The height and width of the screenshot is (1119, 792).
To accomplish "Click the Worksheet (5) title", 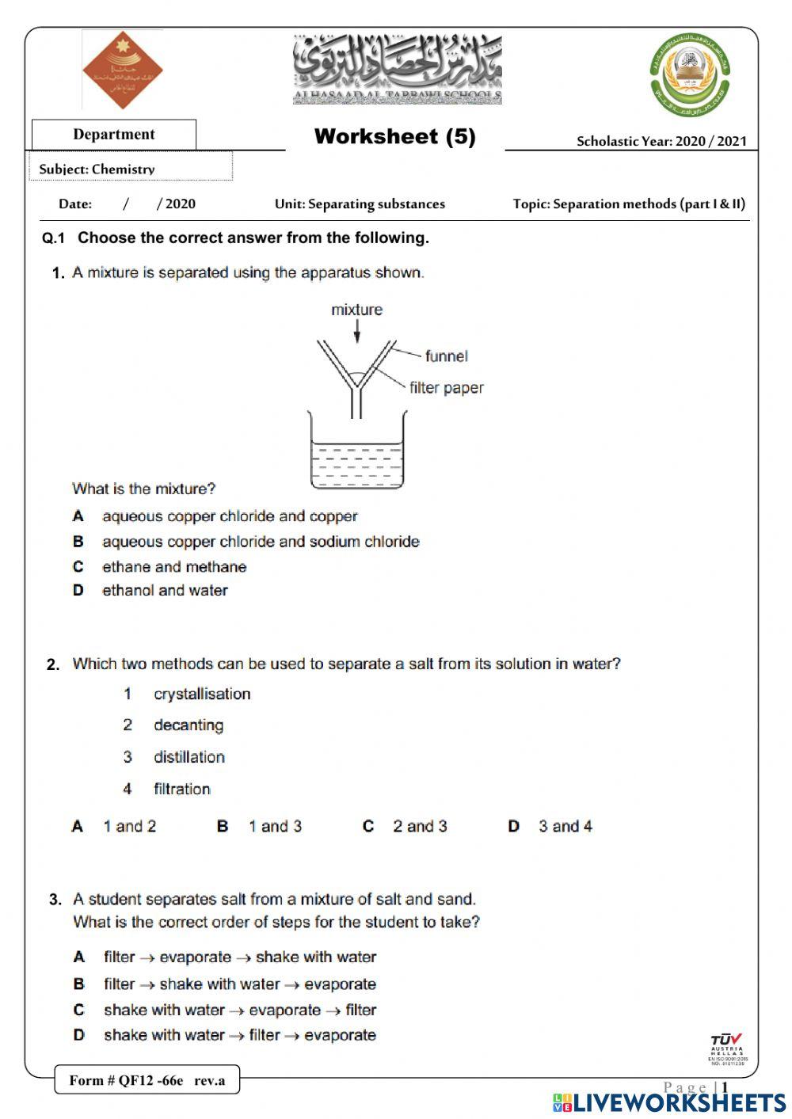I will tap(394, 136).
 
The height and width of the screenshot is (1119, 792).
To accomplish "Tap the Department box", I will tap(114, 135).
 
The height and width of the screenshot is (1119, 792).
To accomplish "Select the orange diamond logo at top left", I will tap(122, 70).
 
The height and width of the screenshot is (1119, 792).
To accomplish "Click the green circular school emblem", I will tap(690, 74).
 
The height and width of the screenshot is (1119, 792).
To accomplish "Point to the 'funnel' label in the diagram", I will tap(446, 356).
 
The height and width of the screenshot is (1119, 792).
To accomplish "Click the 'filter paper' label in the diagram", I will tap(446, 388).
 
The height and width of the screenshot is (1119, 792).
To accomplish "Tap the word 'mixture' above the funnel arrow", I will tap(356, 310).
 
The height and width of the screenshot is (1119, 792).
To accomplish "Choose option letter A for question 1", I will tap(78, 516).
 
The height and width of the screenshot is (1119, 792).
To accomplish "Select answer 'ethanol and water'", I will tap(165, 591).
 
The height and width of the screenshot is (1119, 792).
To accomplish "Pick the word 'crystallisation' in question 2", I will tap(202, 695).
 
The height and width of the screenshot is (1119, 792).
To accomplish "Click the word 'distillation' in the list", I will tap(189, 758).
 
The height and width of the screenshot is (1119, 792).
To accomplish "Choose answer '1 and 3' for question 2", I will tap(275, 827).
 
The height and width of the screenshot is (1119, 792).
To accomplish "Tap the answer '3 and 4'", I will tap(565, 827).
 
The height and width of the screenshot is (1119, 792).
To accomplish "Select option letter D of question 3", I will tap(79, 1035).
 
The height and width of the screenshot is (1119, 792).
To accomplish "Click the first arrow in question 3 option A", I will tap(147, 958).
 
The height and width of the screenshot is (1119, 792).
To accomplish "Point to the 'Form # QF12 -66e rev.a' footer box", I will tap(147, 1080).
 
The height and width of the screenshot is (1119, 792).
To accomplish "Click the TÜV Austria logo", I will tap(726, 1047).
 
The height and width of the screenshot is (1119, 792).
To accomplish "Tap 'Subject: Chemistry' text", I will tap(97, 169).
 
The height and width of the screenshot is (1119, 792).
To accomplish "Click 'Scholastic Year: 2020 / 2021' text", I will tap(661, 142).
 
